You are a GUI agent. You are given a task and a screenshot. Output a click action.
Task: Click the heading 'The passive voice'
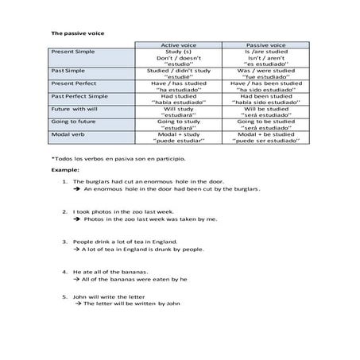pos(79,33)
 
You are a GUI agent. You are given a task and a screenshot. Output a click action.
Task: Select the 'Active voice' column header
pos(178,46)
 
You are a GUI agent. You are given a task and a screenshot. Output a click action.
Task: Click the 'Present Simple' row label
pos(74,53)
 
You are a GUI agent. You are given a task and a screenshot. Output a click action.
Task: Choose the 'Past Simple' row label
pos(69,71)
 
